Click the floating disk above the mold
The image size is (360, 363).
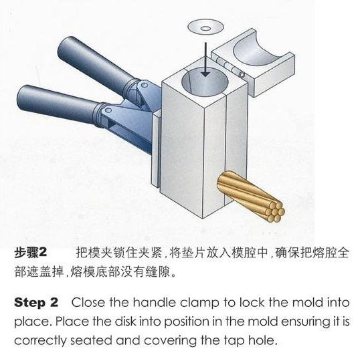pyautogui.click(x=205, y=27)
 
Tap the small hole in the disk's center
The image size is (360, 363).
pyautogui.click(x=205, y=29)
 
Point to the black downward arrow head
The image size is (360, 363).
pyautogui.click(x=205, y=74)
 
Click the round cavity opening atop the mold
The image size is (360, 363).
pyautogui.click(x=205, y=83)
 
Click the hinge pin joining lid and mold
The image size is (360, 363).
pyautogui.click(x=230, y=67)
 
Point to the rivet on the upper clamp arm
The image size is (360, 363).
pyautogui.click(x=145, y=85)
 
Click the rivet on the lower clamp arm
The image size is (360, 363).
pyautogui.click(x=108, y=109)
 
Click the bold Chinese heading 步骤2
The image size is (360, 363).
pyautogui.click(x=30, y=252)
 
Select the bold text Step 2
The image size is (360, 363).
pyautogui.click(x=36, y=303)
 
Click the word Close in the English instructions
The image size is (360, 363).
pyautogui.click(x=88, y=303)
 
